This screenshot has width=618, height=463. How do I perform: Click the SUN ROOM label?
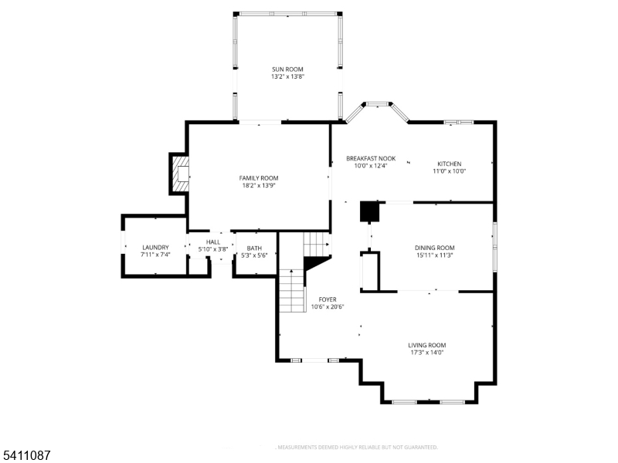click(287, 69)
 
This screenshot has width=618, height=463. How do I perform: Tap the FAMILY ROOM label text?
click(258, 178)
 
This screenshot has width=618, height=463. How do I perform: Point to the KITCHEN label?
click(450, 164)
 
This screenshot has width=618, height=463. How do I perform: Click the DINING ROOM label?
click(434, 248)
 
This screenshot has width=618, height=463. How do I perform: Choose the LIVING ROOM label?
click(427, 345)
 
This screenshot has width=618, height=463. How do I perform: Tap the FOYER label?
click(328, 299)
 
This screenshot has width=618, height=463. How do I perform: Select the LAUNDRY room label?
click(155, 248)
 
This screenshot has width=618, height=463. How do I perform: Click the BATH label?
click(254, 248)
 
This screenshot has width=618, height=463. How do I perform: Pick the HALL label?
click(213, 242)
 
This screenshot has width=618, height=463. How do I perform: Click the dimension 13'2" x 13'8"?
click(287, 77)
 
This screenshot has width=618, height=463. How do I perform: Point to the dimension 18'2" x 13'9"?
click(258, 186)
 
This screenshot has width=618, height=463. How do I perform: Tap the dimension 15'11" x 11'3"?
click(434, 255)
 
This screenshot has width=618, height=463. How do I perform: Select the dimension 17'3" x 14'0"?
click(427, 353)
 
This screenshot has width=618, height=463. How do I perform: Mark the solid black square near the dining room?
click(369, 211)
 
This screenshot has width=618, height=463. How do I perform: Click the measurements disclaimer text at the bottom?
click(357, 447)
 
